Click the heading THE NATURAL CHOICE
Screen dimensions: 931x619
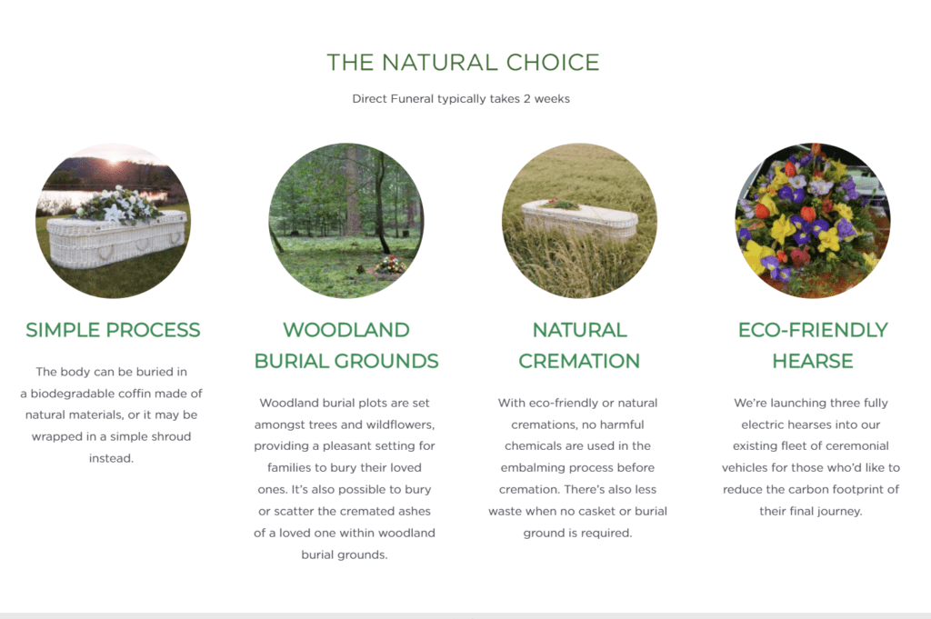(463, 63)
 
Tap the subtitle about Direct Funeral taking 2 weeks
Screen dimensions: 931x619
(461, 98)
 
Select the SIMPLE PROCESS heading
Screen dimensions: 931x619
(113, 330)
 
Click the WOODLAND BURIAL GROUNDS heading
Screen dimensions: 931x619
(346, 345)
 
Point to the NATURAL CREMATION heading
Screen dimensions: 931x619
(579, 345)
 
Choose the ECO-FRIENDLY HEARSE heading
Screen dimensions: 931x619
(813, 345)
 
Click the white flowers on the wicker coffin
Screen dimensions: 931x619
(119, 205)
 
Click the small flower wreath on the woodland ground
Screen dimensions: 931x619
(390, 265)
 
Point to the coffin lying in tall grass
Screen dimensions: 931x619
(579, 221)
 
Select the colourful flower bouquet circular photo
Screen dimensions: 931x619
(812, 220)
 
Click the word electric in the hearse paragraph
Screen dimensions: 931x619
(763, 424)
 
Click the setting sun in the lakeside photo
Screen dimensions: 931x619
(114, 159)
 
